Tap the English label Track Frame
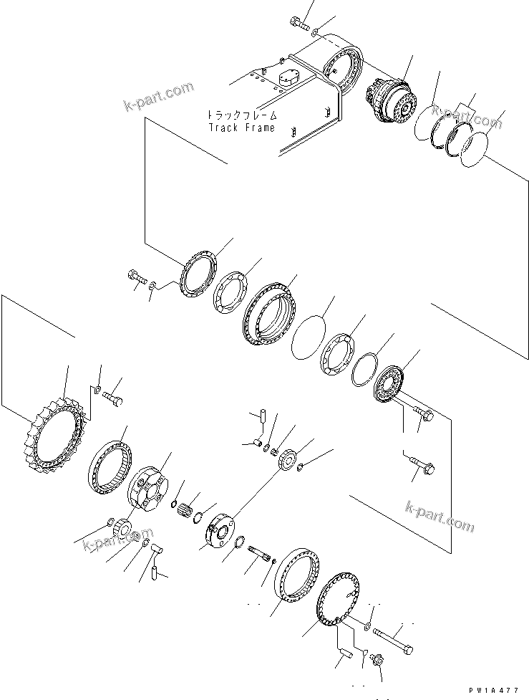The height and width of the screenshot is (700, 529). pyautogui.click(x=241, y=128)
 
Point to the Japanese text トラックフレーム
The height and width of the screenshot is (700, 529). pyautogui.click(x=241, y=115)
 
